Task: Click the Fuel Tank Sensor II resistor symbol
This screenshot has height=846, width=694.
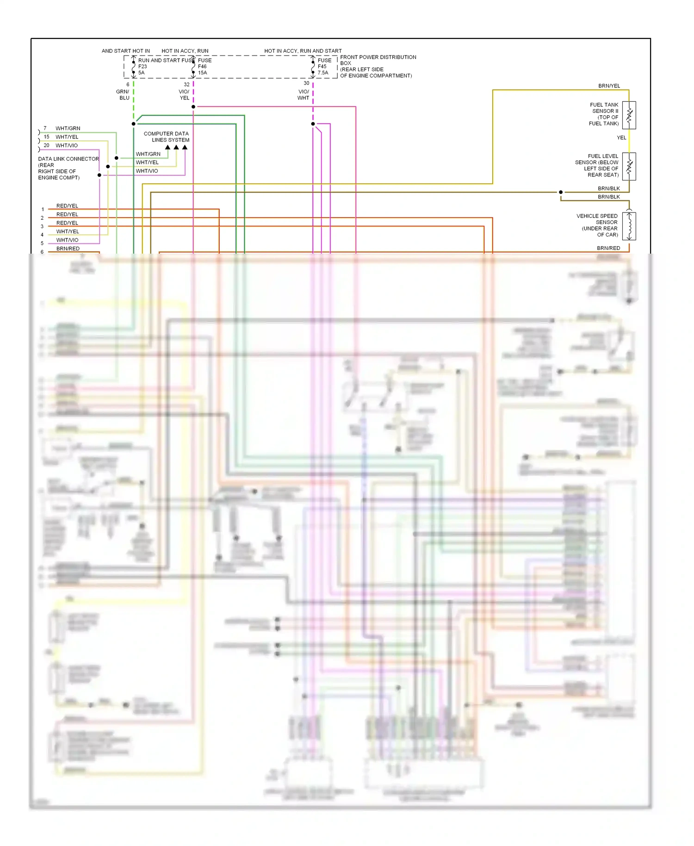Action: (x=629, y=115)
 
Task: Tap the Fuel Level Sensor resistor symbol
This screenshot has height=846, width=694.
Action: (x=629, y=166)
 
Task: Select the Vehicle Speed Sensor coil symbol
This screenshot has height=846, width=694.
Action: (x=629, y=226)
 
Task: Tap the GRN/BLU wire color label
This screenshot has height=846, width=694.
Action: (x=123, y=94)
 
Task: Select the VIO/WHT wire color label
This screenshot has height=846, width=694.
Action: (x=304, y=94)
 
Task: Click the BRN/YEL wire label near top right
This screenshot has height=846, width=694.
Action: (x=609, y=86)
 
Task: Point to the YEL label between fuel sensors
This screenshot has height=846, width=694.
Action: (x=621, y=137)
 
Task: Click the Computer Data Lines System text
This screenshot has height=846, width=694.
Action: (x=167, y=137)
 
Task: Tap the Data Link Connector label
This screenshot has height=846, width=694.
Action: (x=68, y=159)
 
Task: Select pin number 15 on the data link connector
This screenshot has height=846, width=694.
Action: (x=46, y=137)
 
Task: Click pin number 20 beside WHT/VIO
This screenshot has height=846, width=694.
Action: (x=46, y=145)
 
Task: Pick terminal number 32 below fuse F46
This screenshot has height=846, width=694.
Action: (x=186, y=84)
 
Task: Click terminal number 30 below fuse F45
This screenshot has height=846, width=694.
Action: (x=306, y=83)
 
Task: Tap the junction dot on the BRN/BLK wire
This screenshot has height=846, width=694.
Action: (x=561, y=192)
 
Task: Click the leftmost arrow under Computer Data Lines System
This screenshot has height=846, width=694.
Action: (x=168, y=147)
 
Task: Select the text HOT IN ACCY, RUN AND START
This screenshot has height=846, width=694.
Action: (x=303, y=51)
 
